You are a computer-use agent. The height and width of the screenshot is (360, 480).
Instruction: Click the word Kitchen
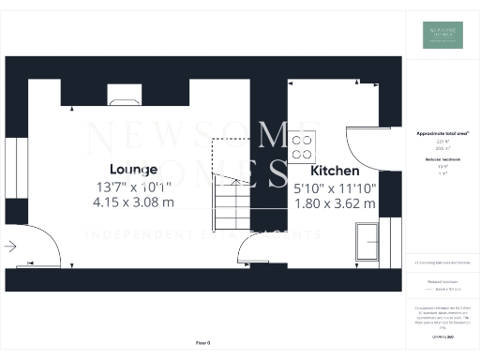[x=335, y=172]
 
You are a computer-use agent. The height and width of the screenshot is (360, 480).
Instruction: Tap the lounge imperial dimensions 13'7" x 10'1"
[x=134, y=186]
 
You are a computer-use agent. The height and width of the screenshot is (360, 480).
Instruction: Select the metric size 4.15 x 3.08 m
[x=133, y=201]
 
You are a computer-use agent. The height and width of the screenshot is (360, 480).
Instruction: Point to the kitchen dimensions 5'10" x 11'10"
[x=335, y=187]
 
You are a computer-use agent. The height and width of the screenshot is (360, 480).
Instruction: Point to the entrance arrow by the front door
[x=10, y=247]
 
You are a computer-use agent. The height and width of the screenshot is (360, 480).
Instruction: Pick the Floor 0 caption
[x=202, y=344]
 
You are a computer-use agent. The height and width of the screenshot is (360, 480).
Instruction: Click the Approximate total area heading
[x=442, y=134]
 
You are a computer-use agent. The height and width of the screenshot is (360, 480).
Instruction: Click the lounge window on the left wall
[x=10, y=170]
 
